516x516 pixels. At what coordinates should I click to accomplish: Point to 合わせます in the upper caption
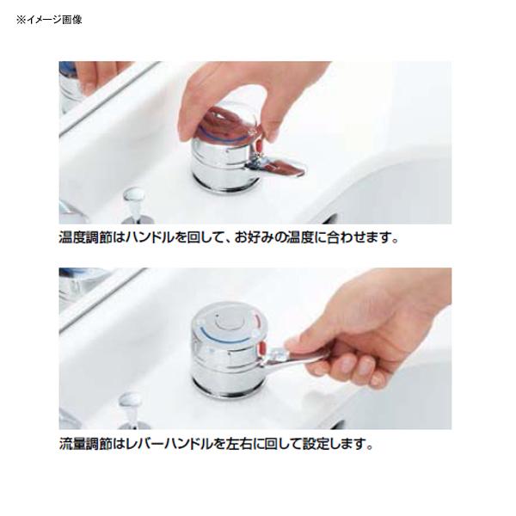[361, 237]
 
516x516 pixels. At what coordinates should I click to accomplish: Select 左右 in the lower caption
[236, 445]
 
